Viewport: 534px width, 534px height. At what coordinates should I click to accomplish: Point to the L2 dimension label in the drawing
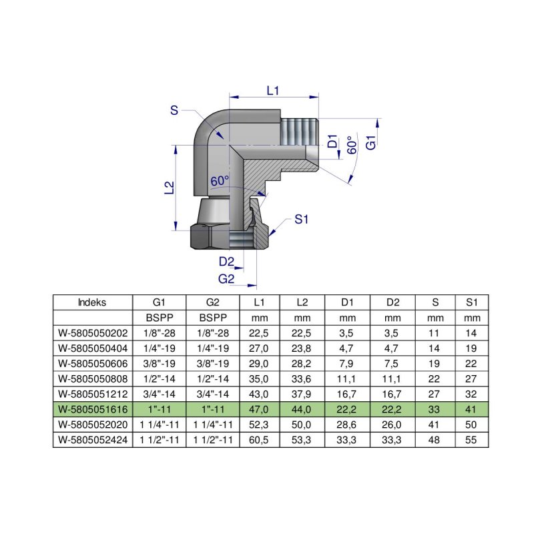(169, 188)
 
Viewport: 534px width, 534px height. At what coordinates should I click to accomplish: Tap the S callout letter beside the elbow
(174, 111)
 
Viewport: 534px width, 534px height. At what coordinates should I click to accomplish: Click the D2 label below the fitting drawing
(226, 261)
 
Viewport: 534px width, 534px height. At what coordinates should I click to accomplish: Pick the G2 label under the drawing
(226, 278)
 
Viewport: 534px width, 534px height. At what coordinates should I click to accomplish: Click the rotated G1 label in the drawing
(372, 144)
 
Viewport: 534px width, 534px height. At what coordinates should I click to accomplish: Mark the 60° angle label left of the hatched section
(220, 181)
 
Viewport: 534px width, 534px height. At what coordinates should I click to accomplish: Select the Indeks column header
(92, 302)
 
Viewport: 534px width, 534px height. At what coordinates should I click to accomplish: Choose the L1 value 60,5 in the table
(259, 441)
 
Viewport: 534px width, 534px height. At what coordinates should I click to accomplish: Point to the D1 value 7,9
(347, 363)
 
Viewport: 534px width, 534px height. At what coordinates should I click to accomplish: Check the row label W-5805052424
(92, 441)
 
